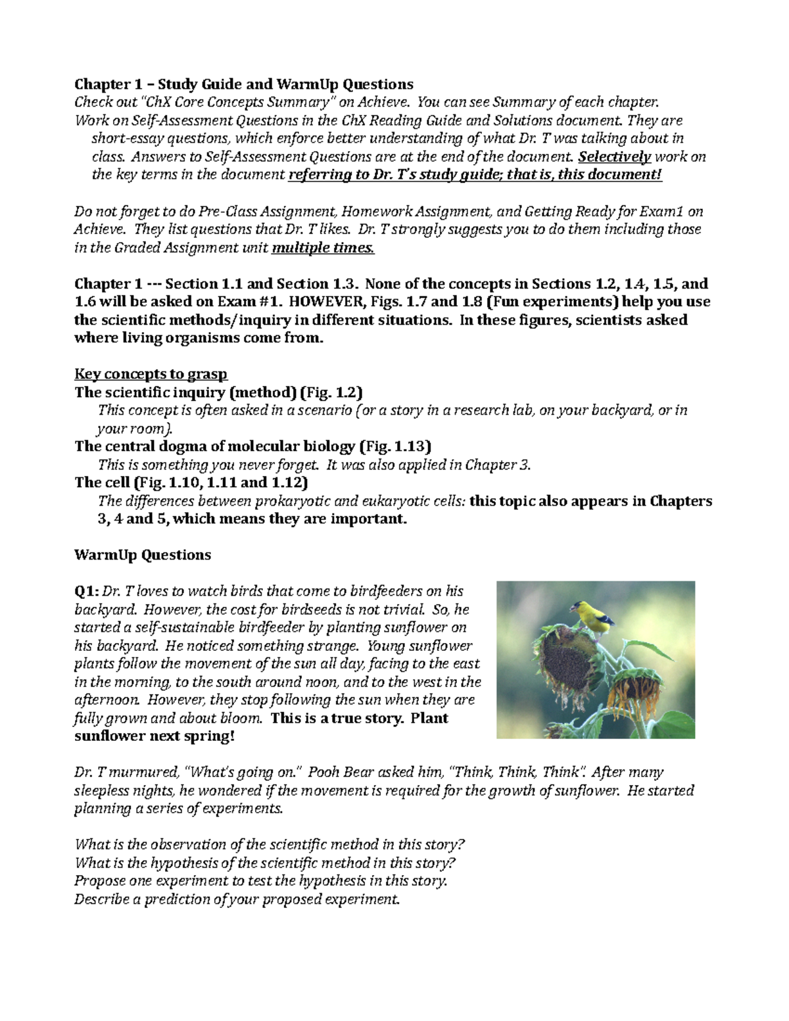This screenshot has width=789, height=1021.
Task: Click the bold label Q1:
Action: (x=87, y=591)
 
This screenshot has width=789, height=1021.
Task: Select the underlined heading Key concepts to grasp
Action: (x=151, y=374)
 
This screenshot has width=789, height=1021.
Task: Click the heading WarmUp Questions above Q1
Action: (x=143, y=555)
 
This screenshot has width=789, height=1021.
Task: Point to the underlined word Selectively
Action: (x=614, y=156)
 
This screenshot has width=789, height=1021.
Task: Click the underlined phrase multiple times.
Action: (x=323, y=248)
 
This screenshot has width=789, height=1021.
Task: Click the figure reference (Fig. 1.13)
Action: (x=395, y=446)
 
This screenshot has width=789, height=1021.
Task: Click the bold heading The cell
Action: (x=102, y=483)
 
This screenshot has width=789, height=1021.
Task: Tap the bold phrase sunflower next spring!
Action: (x=154, y=736)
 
